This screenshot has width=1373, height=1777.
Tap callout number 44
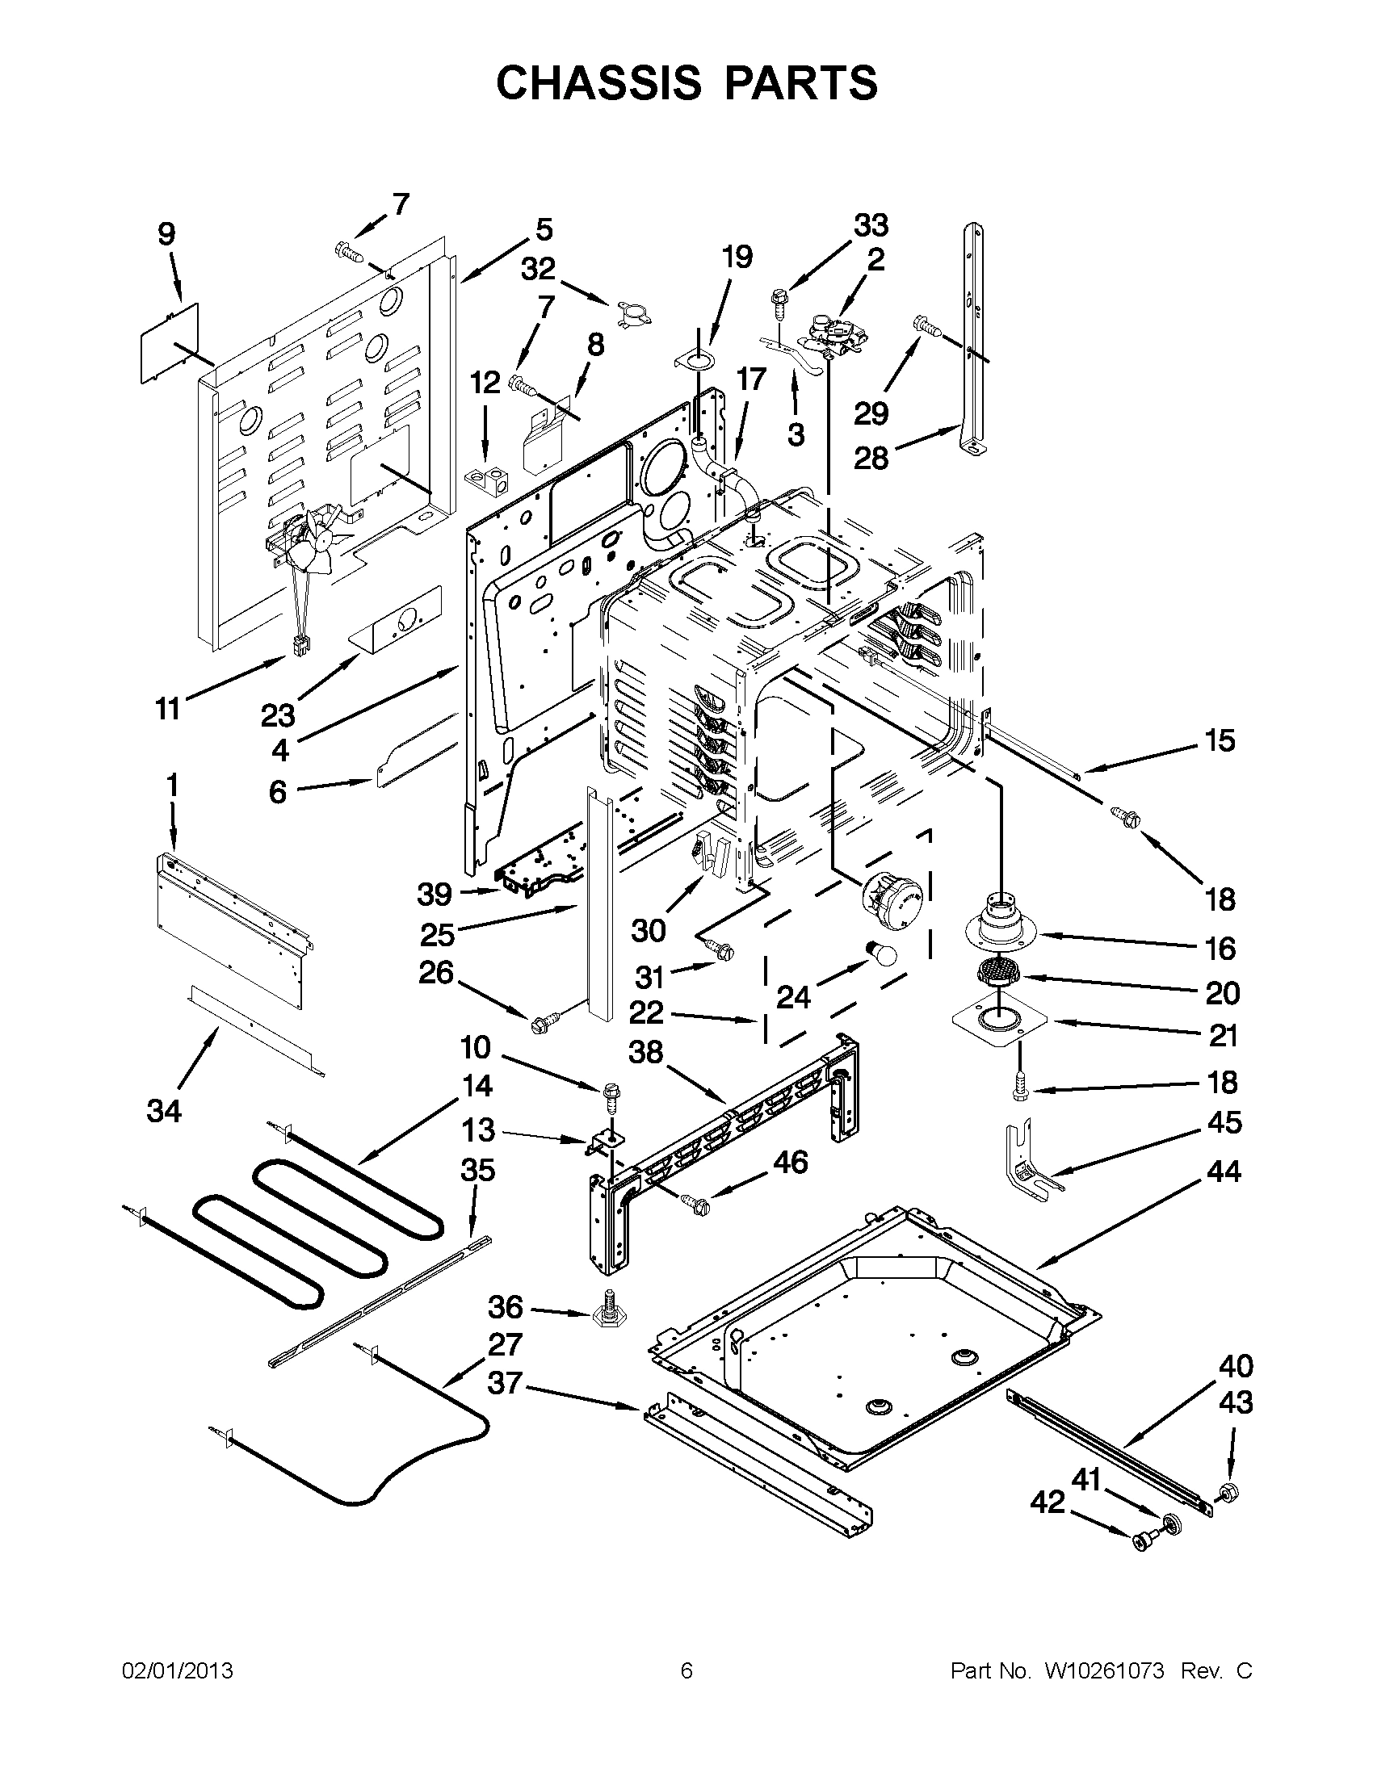1224,1171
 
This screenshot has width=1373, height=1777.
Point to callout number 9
166,234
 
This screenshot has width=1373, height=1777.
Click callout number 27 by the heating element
504,1344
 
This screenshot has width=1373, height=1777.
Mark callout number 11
167,709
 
